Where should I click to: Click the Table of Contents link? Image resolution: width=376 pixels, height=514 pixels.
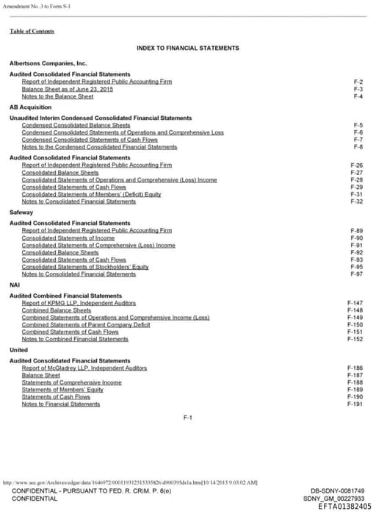tap(32, 31)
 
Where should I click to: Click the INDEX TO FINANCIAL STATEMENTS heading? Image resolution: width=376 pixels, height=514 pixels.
tap(187, 48)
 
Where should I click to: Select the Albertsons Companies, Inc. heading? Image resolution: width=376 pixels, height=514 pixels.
tap(48, 64)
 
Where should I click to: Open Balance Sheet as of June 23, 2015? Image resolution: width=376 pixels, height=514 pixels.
tap(67, 89)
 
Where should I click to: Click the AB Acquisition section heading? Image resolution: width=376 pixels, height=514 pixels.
tap(30, 107)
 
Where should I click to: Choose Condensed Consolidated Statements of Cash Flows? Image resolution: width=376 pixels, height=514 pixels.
tap(90, 140)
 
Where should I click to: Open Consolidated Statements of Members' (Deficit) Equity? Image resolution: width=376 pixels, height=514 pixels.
tap(91, 194)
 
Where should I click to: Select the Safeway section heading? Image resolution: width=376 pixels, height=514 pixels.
tap(21, 212)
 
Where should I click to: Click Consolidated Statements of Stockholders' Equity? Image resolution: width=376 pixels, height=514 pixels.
tap(85, 267)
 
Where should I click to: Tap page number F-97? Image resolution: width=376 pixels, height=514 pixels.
tap(357, 274)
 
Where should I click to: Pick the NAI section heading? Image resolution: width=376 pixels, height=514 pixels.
tap(15, 285)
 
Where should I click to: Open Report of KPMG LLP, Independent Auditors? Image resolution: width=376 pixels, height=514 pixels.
tap(79, 303)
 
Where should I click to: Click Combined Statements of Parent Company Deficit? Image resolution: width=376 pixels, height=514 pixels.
tap(86, 324)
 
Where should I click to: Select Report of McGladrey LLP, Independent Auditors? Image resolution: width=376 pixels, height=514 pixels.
tap(84, 368)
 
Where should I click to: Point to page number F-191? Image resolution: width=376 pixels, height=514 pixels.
tap(355, 404)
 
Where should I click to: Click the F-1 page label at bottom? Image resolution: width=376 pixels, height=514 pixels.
tap(187, 418)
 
